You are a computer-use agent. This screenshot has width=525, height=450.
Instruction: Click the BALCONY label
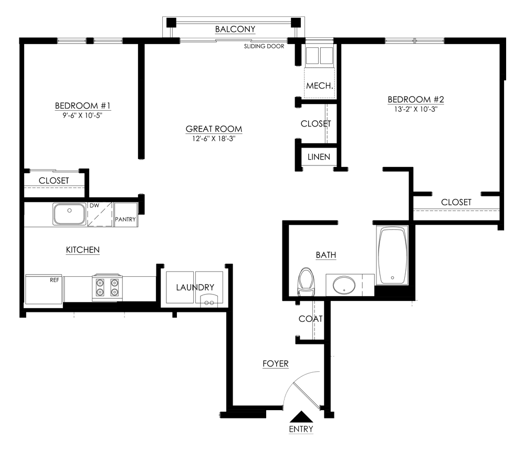coord(235,29)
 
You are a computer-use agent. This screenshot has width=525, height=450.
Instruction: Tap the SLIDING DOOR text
coord(264,46)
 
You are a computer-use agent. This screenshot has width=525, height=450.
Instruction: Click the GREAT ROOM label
coord(214,129)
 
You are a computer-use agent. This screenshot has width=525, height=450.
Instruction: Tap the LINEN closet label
coord(319,156)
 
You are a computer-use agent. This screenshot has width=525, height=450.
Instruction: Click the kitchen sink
coord(69,214)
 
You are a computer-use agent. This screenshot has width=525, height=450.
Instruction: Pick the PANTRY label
coord(125,219)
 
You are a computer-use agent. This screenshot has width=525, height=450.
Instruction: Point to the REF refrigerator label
coord(54,280)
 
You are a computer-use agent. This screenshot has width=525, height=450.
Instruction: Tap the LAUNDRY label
coord(195,287)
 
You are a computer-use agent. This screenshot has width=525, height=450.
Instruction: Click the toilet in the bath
coord(305,282)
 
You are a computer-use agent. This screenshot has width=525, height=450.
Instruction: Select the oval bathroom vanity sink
coord(344,286)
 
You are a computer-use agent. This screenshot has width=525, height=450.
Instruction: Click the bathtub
coord(392,256)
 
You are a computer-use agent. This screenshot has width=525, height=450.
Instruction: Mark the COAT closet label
coord(310,319)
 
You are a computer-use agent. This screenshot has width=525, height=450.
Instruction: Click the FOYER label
coord(276,363)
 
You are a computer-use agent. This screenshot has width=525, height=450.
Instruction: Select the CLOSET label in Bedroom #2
coord(456,202)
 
